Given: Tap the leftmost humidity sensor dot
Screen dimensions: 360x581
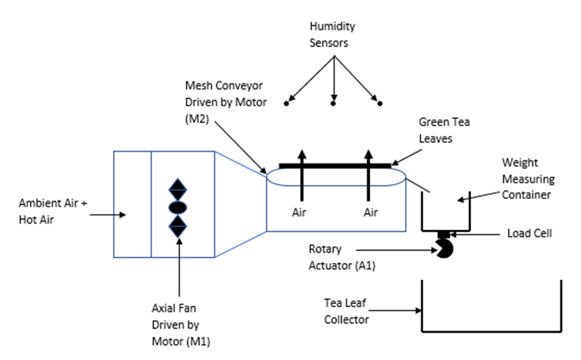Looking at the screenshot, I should (x=287, y=104).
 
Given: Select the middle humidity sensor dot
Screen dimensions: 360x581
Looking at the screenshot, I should (x=333, y=104).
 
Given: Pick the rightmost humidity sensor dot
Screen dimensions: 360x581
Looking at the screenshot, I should (x=380, y=104).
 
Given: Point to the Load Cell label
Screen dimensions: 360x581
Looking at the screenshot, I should (x=530, y=234).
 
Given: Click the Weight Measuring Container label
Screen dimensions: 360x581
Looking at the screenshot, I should (x=528, y=180).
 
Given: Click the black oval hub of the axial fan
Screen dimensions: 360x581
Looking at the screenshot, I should (x=178, y=208).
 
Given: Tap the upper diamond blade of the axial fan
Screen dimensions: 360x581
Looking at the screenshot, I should (x=178, y=189).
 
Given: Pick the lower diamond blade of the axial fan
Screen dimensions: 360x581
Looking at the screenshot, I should (x=178, y=227).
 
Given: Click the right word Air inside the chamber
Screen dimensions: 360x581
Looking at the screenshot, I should (x=370, y=212).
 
